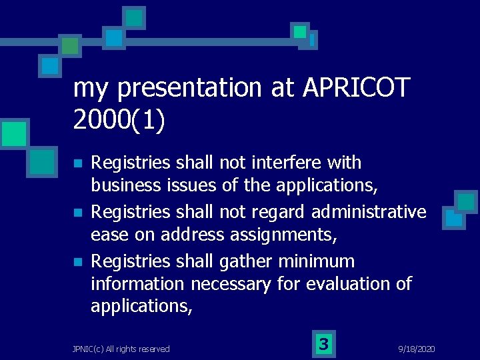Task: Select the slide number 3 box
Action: click(x=323, y=344)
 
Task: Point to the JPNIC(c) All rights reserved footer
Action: click(x=121, y=349)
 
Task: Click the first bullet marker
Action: click(x=77, y=164)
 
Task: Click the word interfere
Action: click(x=293, y=163)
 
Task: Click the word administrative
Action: click(x=369, y=212)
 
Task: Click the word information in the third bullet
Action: click(x=137, y=284)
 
